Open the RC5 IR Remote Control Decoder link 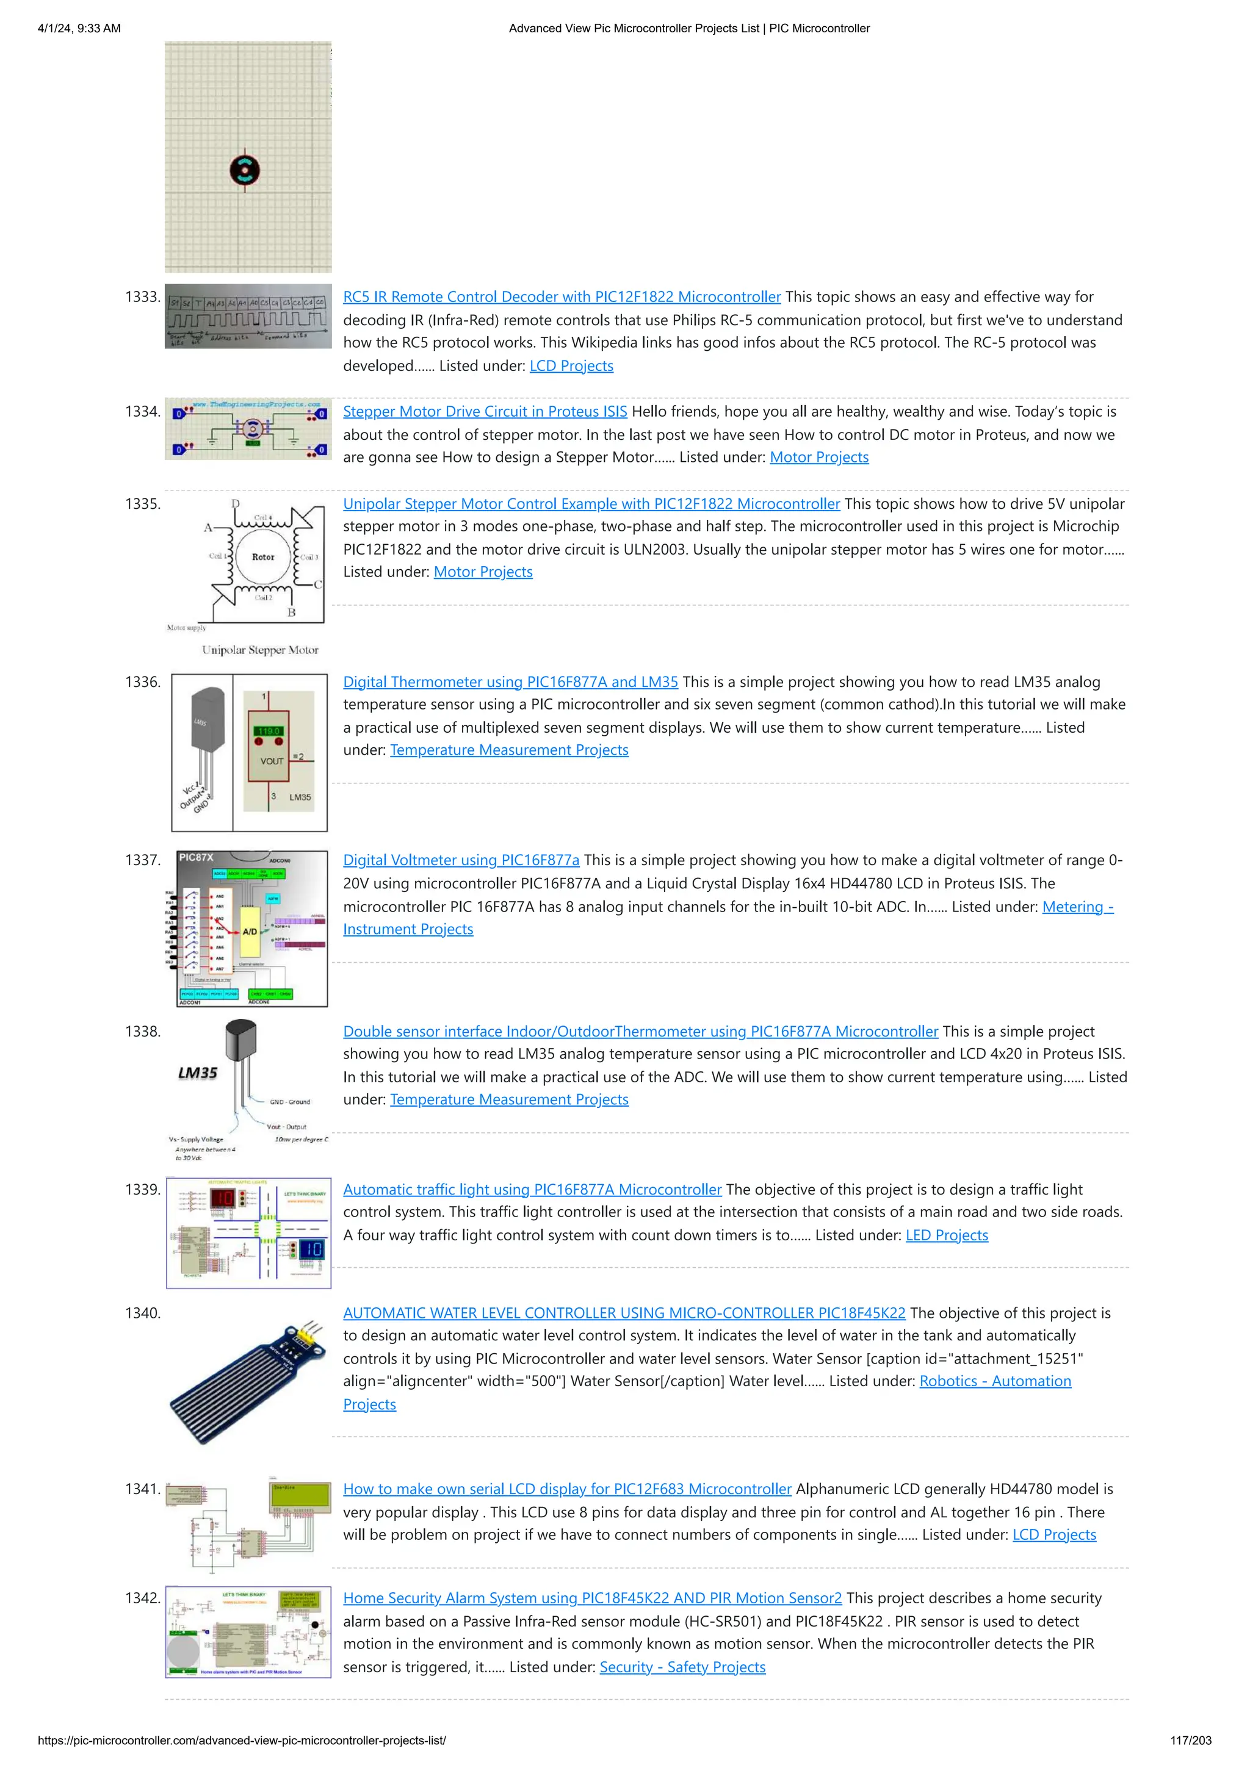tap(562, 297)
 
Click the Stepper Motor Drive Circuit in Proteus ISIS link tap(485, 412)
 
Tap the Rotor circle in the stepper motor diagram tap(262, 557)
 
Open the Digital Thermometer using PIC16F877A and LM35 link tap(510, 682)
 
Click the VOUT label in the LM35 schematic tap(271, 761)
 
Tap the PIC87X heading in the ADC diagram tap(196, 857)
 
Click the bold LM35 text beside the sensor tap(198, 1073)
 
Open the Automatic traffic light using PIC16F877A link tap(532, 1190)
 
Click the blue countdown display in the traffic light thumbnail tap(311, 1248)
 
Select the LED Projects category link tap(946, 1235)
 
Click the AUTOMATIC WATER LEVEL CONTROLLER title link tap(624, 1313)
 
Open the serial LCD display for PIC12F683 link tap(567, 1489)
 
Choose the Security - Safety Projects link tap(682, 1667)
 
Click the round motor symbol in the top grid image tap(244, 170)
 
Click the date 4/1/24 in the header tap(56, 29)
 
